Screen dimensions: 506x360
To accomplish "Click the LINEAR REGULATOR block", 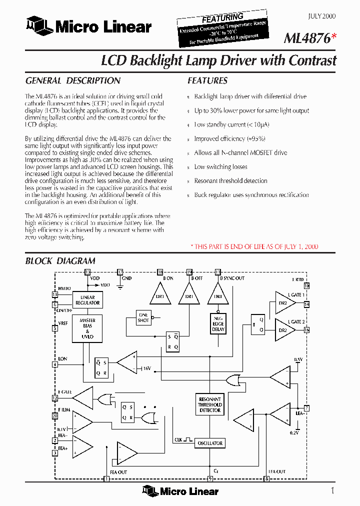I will click(x=87, y=300).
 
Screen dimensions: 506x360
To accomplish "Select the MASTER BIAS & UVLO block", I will click(x=87, y=328).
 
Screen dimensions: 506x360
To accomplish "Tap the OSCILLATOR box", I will click(x=210, y=443).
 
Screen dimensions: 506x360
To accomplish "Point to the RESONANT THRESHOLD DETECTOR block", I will click(x=210, y=404).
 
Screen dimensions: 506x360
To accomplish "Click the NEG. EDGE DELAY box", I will click(x=218, y=323).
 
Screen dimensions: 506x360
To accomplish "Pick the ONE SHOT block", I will click(x=143, y=317).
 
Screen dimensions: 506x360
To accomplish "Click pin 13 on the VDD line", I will click(x=88, y=272).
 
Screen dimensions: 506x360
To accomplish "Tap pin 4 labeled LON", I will click(x=55, y=364).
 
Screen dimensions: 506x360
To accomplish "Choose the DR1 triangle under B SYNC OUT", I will click(x=218, y=295).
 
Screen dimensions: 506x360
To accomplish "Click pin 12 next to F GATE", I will click(x=55, y=398).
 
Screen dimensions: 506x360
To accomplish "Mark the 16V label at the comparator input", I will click(x=146, y=368).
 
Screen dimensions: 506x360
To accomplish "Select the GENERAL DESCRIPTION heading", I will click(x=72, y=80).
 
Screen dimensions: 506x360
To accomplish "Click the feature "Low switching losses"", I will click(x=220, y=167).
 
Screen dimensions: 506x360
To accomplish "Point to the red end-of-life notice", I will click(x=254, y=246).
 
